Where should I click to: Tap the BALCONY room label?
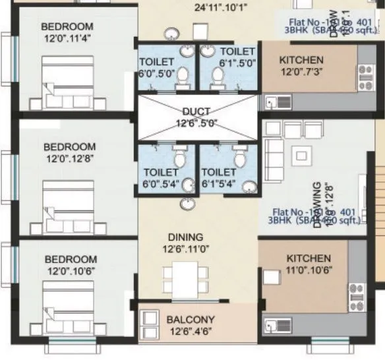pos(190,319)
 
